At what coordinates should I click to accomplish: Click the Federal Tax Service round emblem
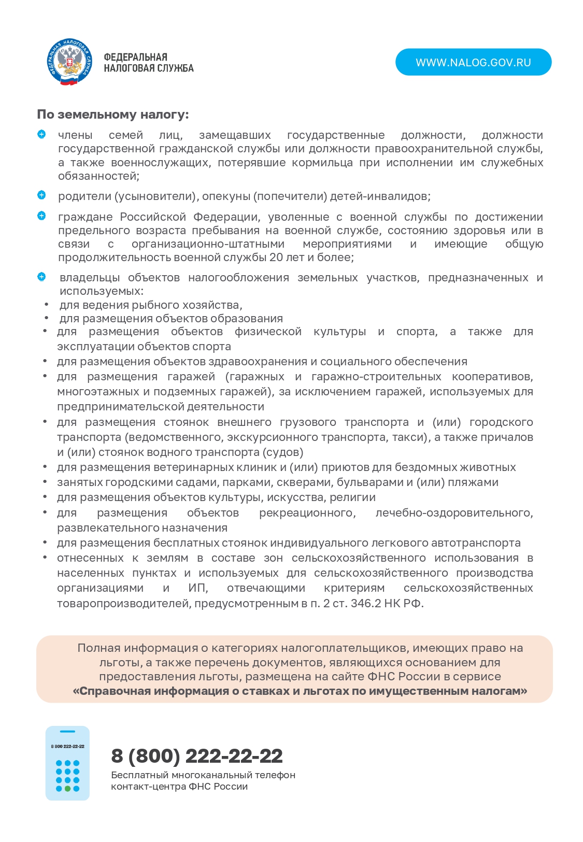pos(70,62)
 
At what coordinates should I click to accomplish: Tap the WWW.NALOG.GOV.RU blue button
pos(473,62)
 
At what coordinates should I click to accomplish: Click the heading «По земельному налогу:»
pos(113,115)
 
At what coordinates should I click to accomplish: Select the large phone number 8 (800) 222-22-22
pos(197,756)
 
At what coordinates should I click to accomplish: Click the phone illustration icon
pos(67,763)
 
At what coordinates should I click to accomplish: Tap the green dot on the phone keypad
pos(67,789)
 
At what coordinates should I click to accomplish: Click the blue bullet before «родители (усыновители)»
pos(41,195)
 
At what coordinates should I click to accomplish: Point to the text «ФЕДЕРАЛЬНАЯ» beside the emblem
pos(135,57)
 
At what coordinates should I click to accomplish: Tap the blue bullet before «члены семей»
pos(41,135)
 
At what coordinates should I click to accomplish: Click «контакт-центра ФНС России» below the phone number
pos(179,787)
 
